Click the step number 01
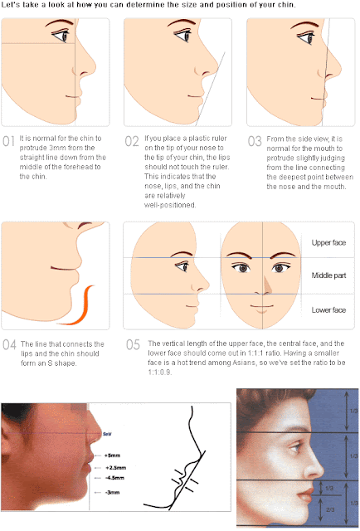(8, 141)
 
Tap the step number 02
(132, 141)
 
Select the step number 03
(255, 141)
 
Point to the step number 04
(9, 344)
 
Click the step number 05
(132, 344)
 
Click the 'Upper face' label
(328, 242)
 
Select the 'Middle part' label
(328, 275)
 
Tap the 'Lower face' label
(328, 309)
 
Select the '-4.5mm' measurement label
(114, 478)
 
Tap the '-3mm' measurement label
(113, 493)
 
